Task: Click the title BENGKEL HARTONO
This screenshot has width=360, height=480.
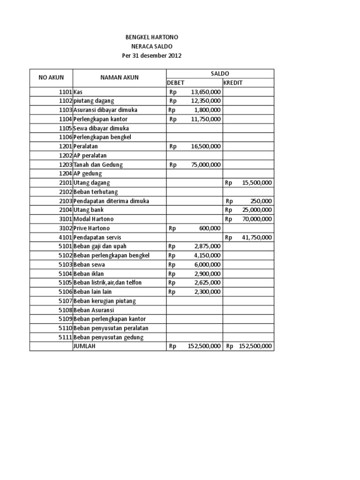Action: click(151, 37)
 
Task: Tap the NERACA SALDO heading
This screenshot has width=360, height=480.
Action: click(151, 46)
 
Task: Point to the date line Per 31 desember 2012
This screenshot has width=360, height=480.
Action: click(151, 56)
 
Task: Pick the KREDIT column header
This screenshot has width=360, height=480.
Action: click(233, 83)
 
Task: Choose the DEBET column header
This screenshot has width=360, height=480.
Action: click(176, 83)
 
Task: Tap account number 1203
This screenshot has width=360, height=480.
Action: click(65, 165)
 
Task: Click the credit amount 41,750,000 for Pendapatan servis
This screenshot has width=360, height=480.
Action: click(257, 238)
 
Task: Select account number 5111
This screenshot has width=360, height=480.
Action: click(65, 337)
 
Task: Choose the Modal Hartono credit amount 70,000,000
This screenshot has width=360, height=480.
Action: click(257, 219)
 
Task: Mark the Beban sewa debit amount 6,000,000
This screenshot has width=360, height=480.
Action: click(208, 265)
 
